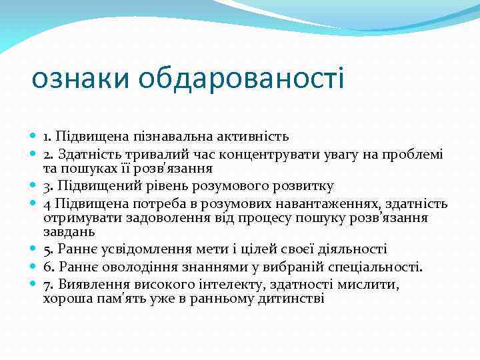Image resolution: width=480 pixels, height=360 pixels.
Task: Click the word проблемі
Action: [411, 153]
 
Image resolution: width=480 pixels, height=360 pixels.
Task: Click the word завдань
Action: [69, 233]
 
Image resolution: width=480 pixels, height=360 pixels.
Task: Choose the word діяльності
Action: [352, 249]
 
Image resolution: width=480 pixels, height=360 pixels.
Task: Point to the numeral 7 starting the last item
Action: [47, 284]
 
